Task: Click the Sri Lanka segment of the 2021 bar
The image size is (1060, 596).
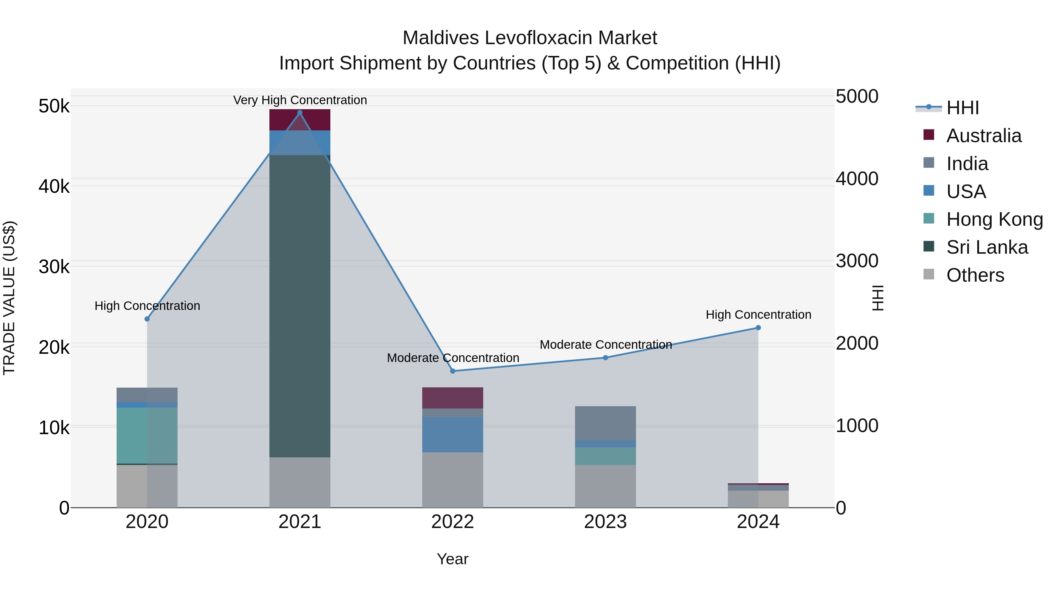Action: (299, 306)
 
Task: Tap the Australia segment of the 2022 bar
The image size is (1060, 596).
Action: (452, 398)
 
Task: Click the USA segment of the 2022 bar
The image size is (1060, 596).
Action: (452, 434)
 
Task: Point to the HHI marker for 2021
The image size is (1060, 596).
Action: (299, 113)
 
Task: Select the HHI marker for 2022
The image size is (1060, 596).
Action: (452, 371)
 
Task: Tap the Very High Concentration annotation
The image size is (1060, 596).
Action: (299, 100)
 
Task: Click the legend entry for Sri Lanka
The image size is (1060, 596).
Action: (986, 247)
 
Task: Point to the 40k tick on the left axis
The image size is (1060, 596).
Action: (54, 186)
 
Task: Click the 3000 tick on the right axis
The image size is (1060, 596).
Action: (857, 261)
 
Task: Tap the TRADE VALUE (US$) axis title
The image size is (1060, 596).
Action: (9, 298)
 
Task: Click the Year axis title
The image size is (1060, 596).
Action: (452, 559)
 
